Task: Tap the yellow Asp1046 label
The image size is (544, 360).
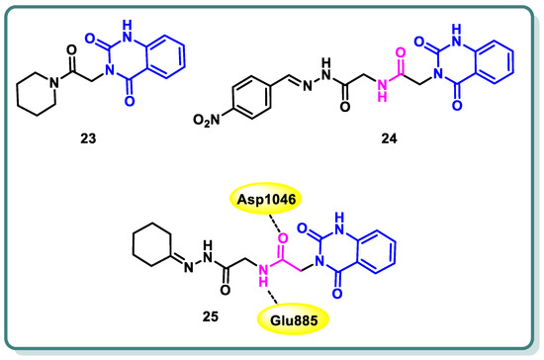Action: (x=268, y=200)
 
